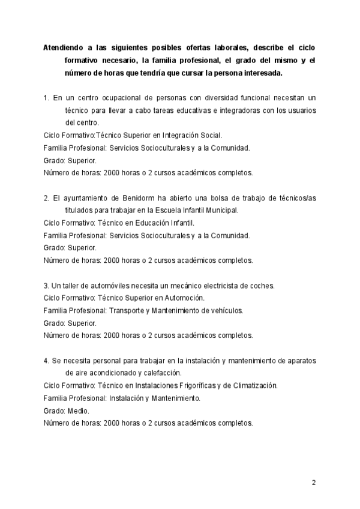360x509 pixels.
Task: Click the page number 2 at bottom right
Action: tap(313, 483)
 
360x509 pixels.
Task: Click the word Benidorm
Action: tap(142, 199)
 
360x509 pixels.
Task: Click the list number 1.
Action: tap(47, 97)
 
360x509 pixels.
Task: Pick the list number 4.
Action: tap(47, 360)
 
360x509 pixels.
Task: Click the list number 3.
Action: tap(47, 285)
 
